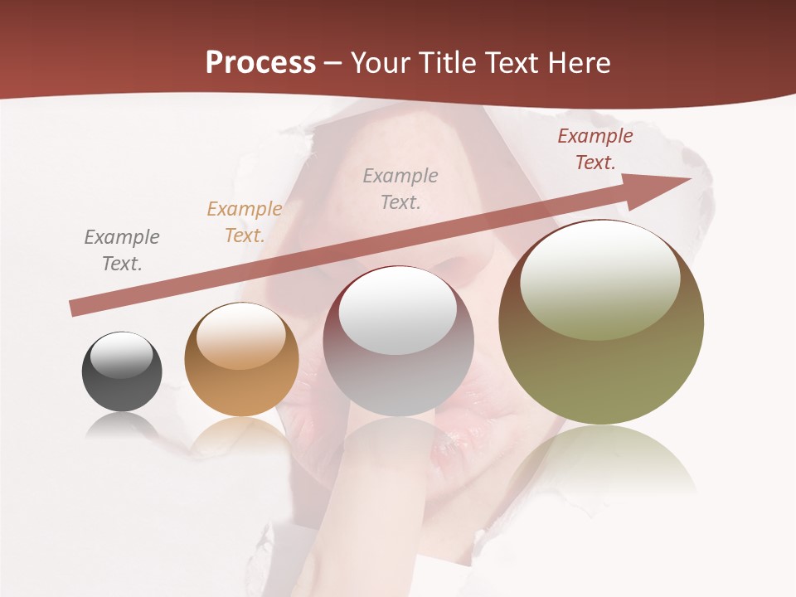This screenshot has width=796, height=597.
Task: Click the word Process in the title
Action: pos(260,63)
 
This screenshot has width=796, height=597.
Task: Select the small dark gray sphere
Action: pos(122,371)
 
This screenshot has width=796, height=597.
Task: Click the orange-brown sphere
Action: pos(241,360)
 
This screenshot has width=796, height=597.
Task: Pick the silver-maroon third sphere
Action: pos(398,342)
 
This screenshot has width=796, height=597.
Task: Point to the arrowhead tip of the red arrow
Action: pos(690,178)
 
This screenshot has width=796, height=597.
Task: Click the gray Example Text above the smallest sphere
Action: pos(122,250)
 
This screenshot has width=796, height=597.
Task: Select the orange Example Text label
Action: pos(245,222)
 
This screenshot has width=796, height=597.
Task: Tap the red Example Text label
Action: pos(595,149)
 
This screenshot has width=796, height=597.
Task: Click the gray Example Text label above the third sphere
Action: pos(400,189)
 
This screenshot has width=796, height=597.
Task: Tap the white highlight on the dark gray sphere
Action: pos(121,356)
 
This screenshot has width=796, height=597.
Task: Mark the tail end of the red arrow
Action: pos(73,308)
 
